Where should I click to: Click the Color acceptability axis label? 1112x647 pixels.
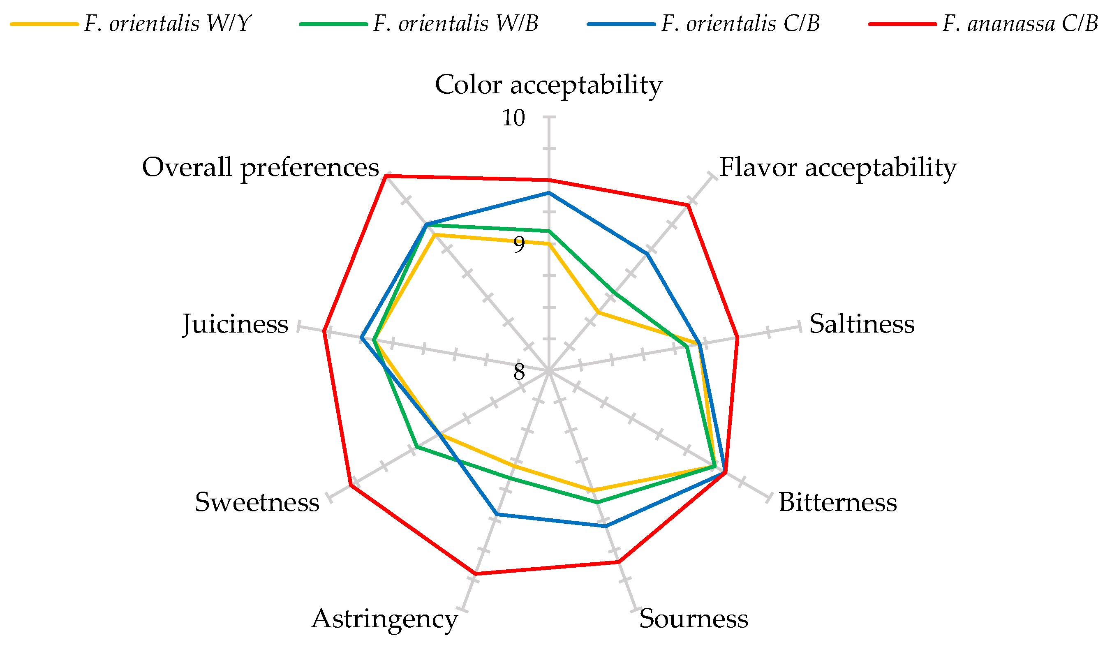tap(548, 85)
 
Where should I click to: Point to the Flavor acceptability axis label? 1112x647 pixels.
tap(838, 168)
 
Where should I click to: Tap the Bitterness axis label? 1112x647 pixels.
tap(837, 502)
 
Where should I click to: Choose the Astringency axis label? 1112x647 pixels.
tap(385, 619)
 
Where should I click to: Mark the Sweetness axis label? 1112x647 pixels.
tap(257, 502)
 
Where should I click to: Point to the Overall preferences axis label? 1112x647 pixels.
tap(260, 168)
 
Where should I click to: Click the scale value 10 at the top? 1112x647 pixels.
tap(513, 118)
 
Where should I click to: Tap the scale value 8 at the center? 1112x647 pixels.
tap(519, 372)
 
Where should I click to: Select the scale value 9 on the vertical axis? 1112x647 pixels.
tap(519, 245)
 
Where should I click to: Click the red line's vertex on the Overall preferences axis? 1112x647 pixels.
tap(386, 176)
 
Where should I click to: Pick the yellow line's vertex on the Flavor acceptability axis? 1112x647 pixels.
tap(598, 312)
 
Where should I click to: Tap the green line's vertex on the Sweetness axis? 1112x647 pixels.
tap(416, 448)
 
